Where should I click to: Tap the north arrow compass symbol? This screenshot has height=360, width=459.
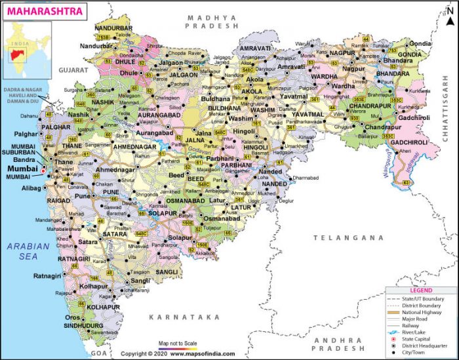[x=450, y=9]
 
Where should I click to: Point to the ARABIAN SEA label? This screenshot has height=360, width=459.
[x=28, y=252]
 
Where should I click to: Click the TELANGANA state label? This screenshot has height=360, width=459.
[x=348, y=237]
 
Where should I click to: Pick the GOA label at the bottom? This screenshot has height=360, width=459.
[x=98, y=353]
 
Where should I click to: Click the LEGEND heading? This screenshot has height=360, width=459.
[x=421, y=290]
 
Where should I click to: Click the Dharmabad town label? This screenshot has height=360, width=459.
[x=307, y=178]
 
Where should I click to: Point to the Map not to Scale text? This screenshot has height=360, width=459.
[x=177, y=343]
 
